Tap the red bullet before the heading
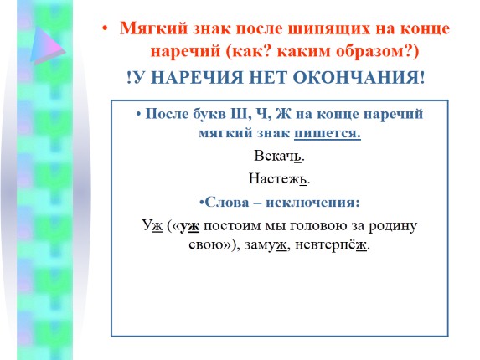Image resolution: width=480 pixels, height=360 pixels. click(x=105, y=28)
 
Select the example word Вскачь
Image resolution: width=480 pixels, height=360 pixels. click(x=278, y=156)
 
